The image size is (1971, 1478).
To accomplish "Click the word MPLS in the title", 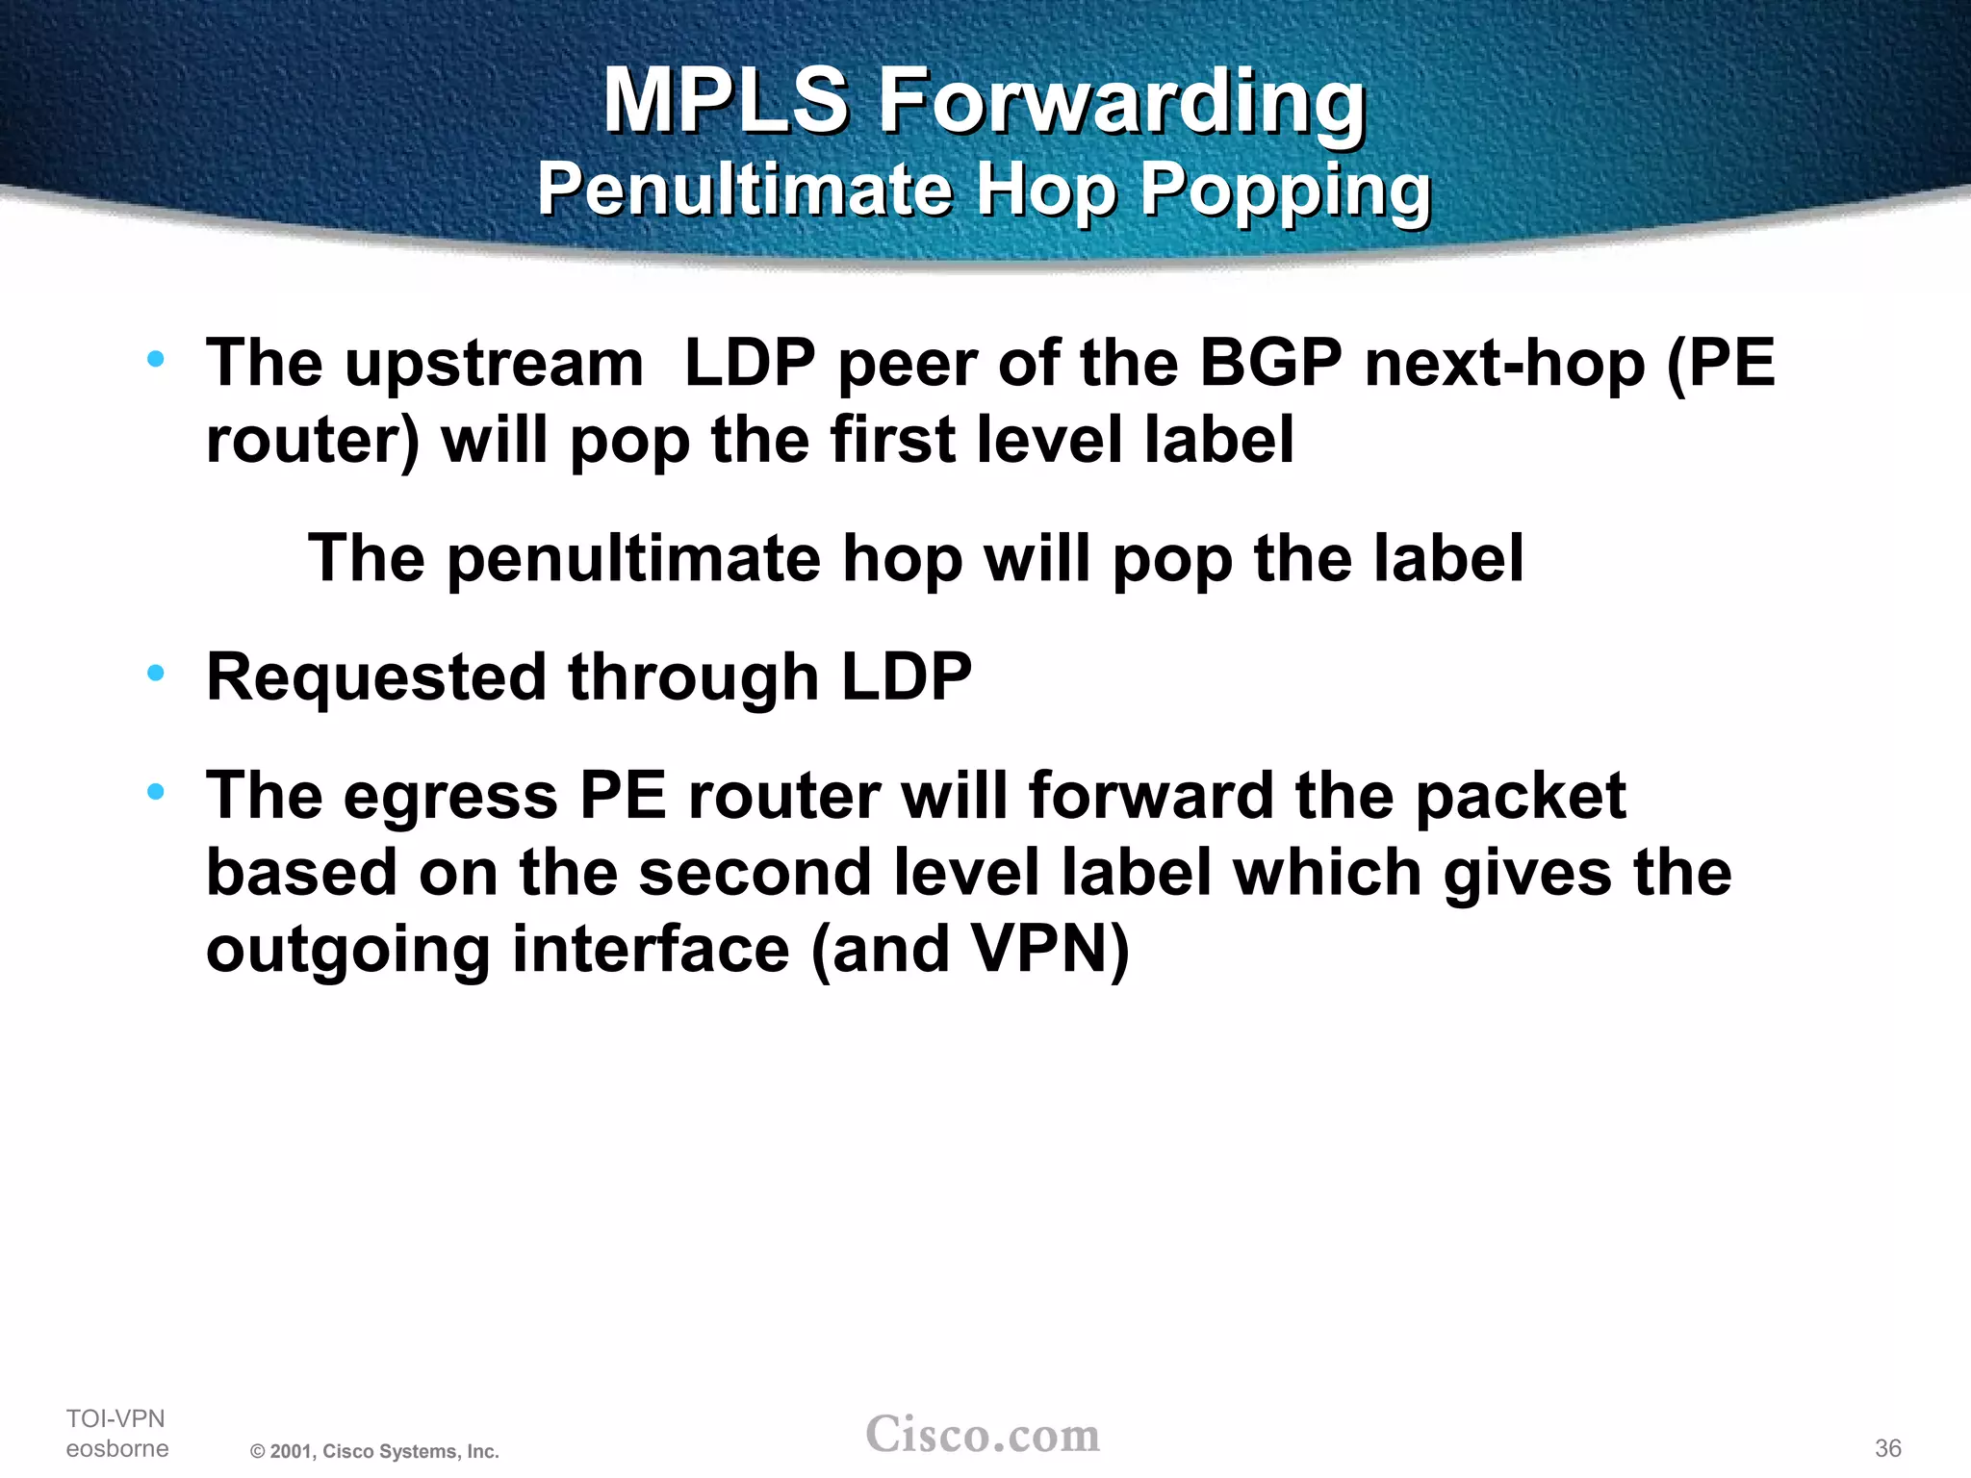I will (x=726, y=100).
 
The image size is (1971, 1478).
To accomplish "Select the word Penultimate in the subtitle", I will (x=744, y=189).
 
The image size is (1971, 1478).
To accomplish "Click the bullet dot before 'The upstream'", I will (x=156, y=360).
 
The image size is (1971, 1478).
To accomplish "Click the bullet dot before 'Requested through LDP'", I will (x=156, y=673).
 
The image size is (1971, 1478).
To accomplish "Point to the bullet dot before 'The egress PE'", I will (x=156, y=792).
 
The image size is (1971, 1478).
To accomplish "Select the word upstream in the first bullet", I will (x=494, y=366).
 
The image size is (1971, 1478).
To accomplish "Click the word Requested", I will (x=376, y=677).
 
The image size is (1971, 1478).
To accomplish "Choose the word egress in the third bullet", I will (x=450, y=799).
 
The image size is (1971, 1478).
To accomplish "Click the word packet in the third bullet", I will (x=1521, y=797).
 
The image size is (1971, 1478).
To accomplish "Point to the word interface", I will (x=651, y=950).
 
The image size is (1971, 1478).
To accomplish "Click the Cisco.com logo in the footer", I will (x=983, y=1435).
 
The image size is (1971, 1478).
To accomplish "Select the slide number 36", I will (x=1887, y=1448).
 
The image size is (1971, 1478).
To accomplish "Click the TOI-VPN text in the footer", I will (x=115, y=1418).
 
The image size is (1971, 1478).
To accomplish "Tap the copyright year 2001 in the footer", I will (x=290, y=1451).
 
